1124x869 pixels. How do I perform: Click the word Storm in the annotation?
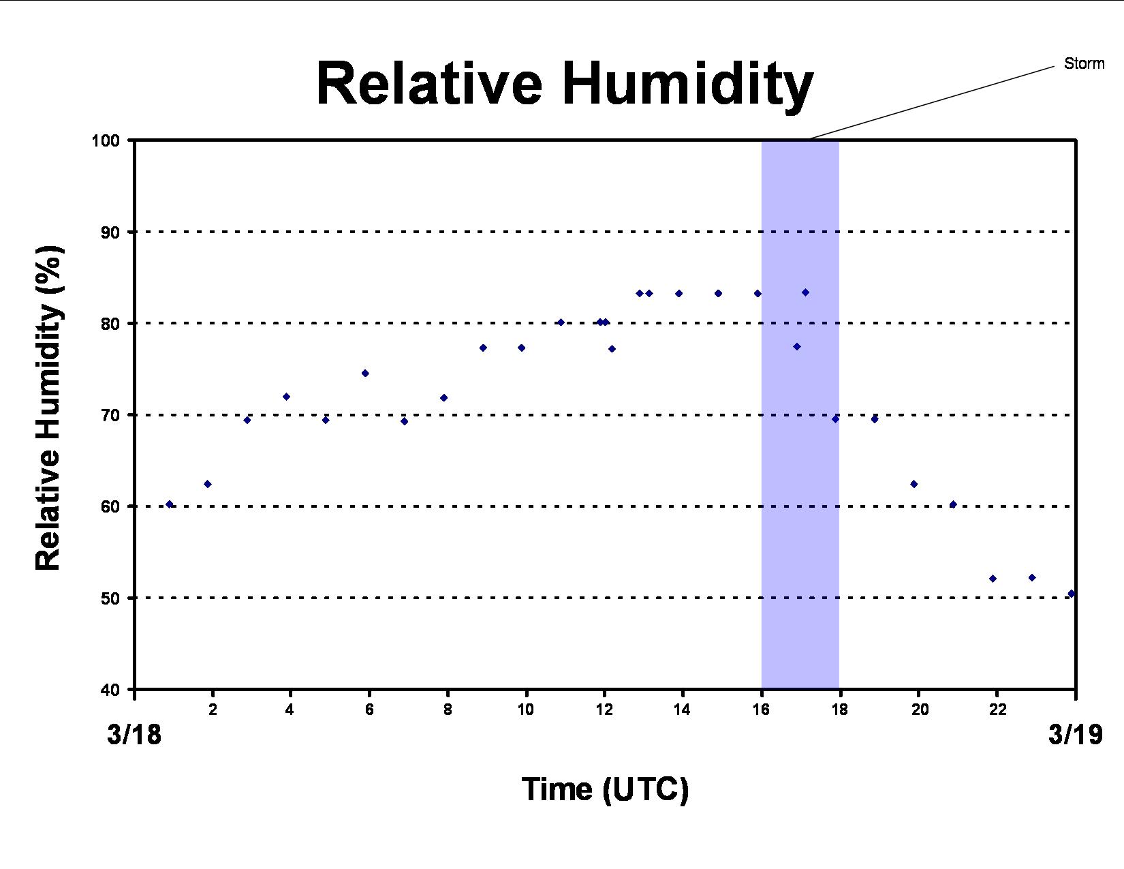[x=1084, y=63]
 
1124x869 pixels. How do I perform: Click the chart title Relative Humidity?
[x=565, y=84]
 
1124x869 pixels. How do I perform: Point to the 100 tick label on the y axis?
[x=106, y=140]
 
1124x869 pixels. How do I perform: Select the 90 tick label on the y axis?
[x=110, y=232]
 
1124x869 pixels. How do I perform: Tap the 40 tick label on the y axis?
[x=110, y=690]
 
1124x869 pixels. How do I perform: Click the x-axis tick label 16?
[x=762, y=710]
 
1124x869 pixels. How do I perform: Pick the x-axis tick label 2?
[x=213, y=710]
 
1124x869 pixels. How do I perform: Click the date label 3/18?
[x=134, y=735]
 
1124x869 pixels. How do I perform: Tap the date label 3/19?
[x=1076, y=735]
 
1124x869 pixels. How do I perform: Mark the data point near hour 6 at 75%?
[x=365, y=373]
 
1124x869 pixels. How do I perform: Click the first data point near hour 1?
[x=169, y=504]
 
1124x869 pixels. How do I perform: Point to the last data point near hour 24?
[x=1072, y=594]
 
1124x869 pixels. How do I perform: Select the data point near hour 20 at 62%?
[x=914, y=484]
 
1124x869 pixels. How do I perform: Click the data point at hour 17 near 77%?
[x=797, y=347]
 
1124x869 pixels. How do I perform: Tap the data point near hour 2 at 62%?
[x=208, y=484]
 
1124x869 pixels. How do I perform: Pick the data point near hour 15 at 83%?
[x=719, y=294]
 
